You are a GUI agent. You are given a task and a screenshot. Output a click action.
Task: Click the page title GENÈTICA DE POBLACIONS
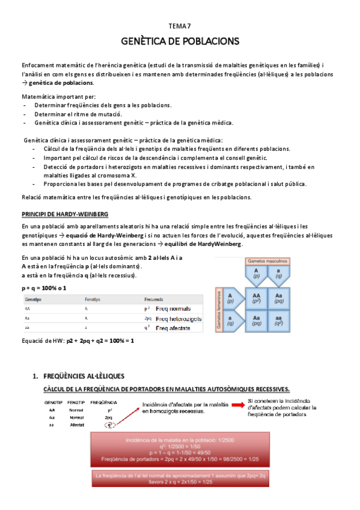tap(180, 41)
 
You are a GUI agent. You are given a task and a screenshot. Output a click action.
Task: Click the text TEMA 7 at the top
tap(180, 26)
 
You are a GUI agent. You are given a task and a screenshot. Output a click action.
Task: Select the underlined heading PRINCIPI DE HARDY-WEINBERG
tap(66, 214)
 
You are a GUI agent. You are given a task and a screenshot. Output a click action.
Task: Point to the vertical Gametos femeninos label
tap(219, 311)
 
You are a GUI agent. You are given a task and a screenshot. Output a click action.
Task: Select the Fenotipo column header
tap(92, 299)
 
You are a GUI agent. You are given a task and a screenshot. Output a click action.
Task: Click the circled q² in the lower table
tap(109, 425)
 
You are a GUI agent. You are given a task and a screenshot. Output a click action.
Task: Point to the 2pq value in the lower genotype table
tap(109, 417)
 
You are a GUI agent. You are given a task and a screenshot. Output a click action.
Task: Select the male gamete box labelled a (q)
tap(276, 275)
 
